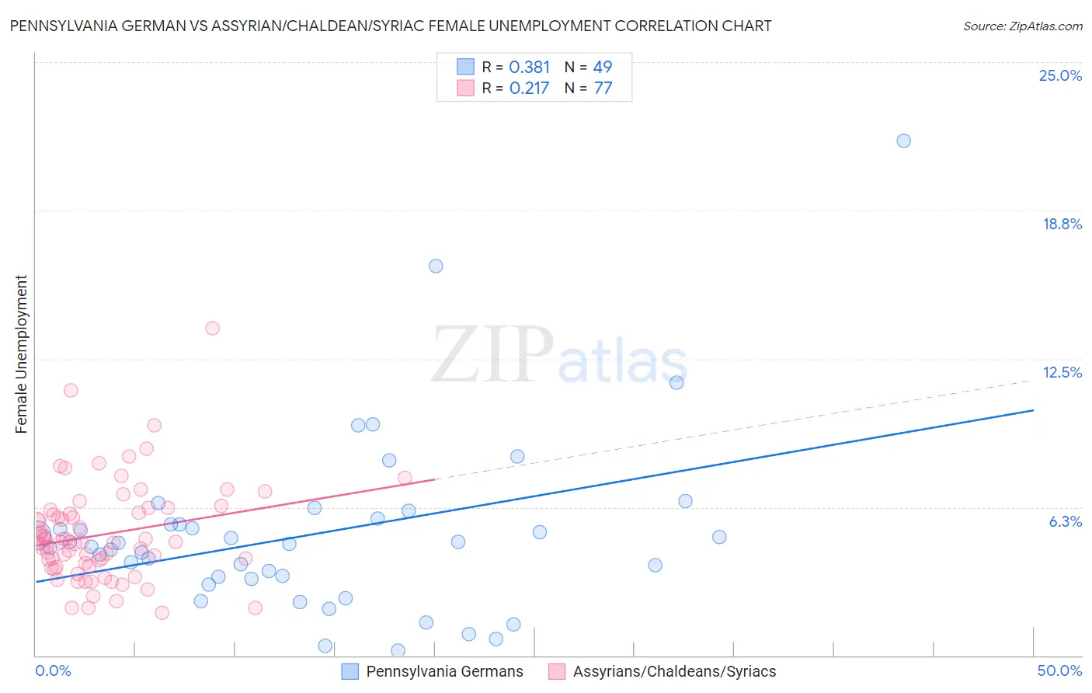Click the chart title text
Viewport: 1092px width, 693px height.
click(x=391, y=26)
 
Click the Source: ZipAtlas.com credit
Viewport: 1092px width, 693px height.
click(x=1022, y=26)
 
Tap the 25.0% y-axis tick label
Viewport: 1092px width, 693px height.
click(x=1060, y=75)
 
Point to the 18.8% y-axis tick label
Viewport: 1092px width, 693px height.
click(x=1062, y=224)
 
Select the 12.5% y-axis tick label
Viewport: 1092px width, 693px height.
click(x=1062, y=372)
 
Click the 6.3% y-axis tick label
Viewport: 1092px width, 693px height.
click(x=1065, y=521)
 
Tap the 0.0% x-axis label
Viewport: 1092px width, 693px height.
click(x=53, y=670)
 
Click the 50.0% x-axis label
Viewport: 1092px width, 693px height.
click(x=1059, y=670)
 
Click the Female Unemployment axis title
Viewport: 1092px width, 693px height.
click(x=21, y=353)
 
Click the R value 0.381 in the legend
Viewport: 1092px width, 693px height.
click(x=529, y=68)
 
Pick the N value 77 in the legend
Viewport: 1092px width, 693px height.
click(x=603, y=89)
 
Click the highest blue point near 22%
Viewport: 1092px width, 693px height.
click(x=903, y=141)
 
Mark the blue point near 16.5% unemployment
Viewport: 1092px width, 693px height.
click(x=436, y=266)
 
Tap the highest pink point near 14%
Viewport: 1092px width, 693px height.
click(x=212, y=328)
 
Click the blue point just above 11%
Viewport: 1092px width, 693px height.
click(x=676, y=382)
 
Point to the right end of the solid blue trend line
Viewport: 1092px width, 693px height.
click(x=1033, y=409)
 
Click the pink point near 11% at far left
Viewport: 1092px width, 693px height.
click(x=71, y=390)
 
